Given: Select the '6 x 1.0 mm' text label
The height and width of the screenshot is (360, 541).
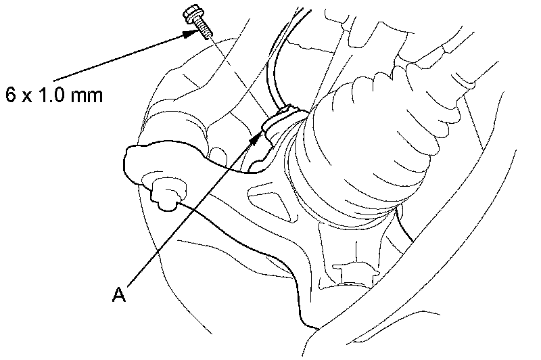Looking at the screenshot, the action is (53, 94).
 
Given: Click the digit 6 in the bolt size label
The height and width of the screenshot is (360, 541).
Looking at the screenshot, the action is (10, 94).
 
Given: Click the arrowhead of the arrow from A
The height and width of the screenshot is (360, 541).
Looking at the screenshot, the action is (256, 137).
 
